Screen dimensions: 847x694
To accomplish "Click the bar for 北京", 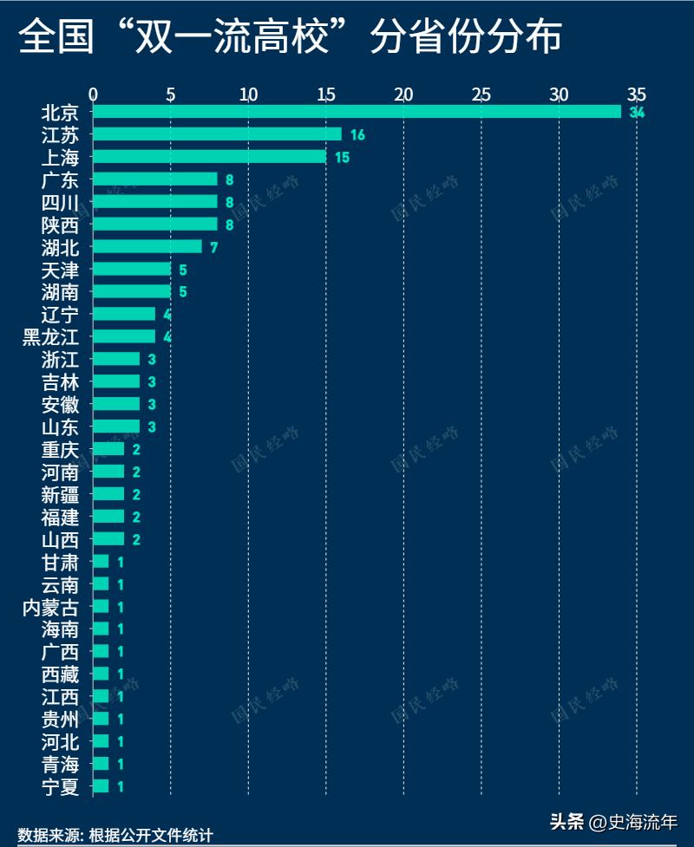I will tap(357, 112).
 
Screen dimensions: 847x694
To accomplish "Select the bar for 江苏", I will tap(217, 134).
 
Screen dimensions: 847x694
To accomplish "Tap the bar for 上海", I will tap(209, 157).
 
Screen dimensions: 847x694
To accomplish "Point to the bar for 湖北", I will tap(147, 246).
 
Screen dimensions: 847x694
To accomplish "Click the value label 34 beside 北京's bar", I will tap(638, 113).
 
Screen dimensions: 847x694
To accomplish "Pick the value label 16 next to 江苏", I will tap(357, 135).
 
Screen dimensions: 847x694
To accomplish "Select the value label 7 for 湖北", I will tap(213, 247).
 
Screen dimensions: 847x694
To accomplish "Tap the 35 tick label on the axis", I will tap(637, 94).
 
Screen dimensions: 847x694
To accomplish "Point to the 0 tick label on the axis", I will tap(94, 94).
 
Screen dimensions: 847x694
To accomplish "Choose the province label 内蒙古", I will tap(50, 607).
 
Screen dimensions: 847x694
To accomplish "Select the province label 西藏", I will tap(60, 674).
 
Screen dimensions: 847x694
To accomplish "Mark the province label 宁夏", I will tap(60, 787).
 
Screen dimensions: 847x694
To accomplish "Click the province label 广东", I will tap(60, 179).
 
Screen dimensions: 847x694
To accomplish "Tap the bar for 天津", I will tap(132, 269).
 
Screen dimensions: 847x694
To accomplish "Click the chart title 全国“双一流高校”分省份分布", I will tap(290, 36).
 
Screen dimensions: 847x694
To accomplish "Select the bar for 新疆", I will tap(108, 494).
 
